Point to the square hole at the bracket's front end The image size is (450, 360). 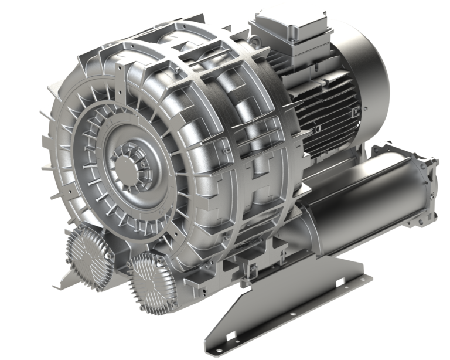(231, 335)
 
